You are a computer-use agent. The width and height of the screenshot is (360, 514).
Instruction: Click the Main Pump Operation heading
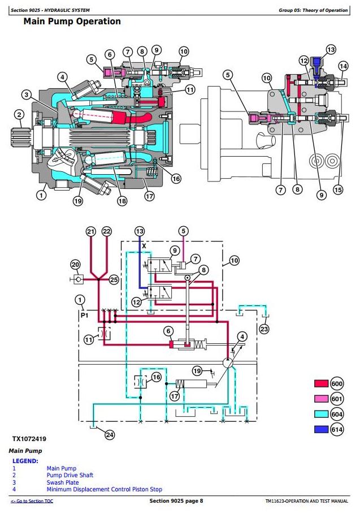[x=72, y=21]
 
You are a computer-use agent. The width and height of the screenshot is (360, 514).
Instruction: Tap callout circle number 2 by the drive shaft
[x=19, y=114]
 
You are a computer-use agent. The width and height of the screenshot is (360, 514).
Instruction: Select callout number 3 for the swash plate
[x=27, y=95]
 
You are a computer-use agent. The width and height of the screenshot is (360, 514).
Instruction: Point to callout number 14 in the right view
[x=343, y=66]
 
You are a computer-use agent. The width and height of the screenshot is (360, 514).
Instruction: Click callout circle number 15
[x=338, y=189]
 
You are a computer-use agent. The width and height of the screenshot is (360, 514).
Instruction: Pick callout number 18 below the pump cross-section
[x=122, y=201]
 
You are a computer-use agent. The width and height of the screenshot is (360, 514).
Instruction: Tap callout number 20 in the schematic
[x=76, y=265]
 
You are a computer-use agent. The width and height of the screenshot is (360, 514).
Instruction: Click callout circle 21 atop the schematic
[x=91, y=231]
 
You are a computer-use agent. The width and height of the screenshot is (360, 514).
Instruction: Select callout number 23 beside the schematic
[x=264, y=329]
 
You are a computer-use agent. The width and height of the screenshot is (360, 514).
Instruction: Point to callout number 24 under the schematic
[x=110, y=435]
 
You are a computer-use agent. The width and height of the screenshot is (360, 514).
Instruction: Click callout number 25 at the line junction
[x=114, y=280]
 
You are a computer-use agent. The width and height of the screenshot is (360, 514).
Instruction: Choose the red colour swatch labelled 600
[x=321, y=383]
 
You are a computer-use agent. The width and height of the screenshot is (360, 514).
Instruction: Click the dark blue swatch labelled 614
[x=321, y=429]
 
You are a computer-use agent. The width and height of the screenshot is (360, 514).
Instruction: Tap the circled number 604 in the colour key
[x=337, y=414]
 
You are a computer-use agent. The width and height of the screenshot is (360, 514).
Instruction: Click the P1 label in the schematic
[x=85, y=316]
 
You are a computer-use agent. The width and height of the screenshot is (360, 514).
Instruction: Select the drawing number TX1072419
[x=29, y=439]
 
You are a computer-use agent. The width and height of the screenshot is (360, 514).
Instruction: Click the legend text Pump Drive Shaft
[x=70, y=475]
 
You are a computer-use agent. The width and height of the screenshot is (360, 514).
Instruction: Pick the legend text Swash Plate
[x=63, y=482]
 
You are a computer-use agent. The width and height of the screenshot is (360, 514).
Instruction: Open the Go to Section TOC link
[x=32, y=501]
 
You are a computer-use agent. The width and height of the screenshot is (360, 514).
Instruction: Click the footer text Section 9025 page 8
[x=176, y=500]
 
